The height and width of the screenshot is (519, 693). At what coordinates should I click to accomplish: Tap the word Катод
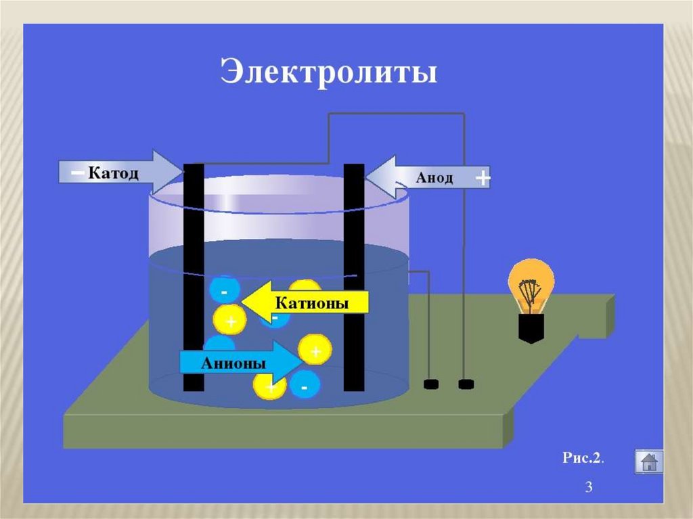pyautogui.click(x=113, y=174)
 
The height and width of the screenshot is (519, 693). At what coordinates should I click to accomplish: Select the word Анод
pyautogui.click(x=433, y=179)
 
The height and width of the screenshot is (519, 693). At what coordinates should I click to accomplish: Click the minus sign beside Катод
pyautogui.click(x=77, y=174)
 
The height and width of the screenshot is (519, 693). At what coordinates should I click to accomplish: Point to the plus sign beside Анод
pyautogui.click(x=482, y=179)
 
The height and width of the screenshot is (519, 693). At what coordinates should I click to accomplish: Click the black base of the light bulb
pyautogui.click(x=531, y=328)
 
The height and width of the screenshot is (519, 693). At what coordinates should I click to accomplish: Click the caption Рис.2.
pyautogui.click(x=583, y=457)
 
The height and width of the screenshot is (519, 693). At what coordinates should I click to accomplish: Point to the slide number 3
pyautogui.click(x=588, y=487)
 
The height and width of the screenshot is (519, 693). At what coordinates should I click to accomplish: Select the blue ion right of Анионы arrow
pyautogui.click(x=304, y=386)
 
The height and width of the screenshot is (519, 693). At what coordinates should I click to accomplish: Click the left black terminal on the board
pyautogui.click(x=431, y=385)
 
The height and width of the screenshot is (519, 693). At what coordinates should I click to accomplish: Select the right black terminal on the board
pyautogui.click(x=465, y=385)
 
